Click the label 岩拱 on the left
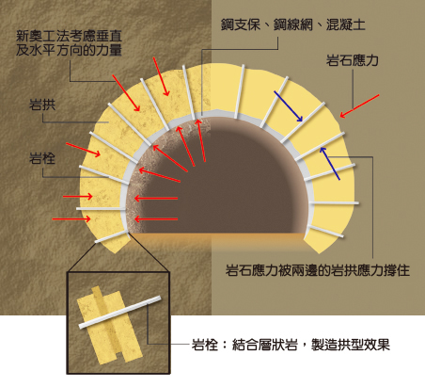[x=42, y=105]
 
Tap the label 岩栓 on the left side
[x=42, y=158]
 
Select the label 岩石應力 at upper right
[x=353, y=60]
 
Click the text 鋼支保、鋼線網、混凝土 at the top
[x=293, y=24]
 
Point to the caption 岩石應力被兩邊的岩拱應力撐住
[x=318, y=270]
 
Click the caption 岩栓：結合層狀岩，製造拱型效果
[x=291, y=345]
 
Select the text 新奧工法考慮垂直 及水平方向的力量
[x=69, y=43]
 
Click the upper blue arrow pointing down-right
[x=289, y=106]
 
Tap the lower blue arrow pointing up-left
[x=330, y=164]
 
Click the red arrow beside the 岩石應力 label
[x=359, y=106]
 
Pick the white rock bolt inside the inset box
[x=119, y=312]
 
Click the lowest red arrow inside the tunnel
[x=156, y=218]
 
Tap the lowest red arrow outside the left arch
[x=71, y=218]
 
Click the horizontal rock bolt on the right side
[x=334, y=203]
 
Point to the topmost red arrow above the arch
[x=161, y=76]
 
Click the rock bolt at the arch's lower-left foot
[x=112, y=236]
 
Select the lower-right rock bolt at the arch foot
[x=325, y=231]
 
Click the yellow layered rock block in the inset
[x=110, y=327]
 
